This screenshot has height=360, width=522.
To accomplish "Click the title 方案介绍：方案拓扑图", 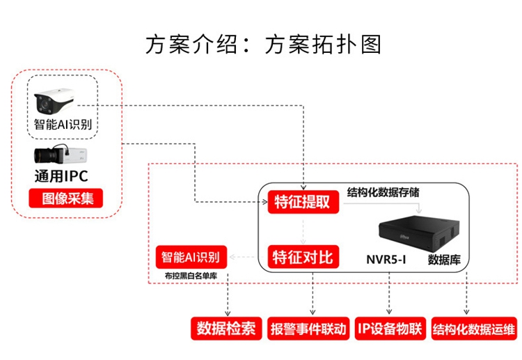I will (264, 44).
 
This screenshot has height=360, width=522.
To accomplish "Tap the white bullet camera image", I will (62, 102).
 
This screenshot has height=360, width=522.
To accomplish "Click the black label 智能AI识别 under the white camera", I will (63, 125).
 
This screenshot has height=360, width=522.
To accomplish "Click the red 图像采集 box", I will (66, 198).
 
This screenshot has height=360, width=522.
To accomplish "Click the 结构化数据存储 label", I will (383, 190).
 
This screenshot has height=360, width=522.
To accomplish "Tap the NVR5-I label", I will (386, 260).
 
